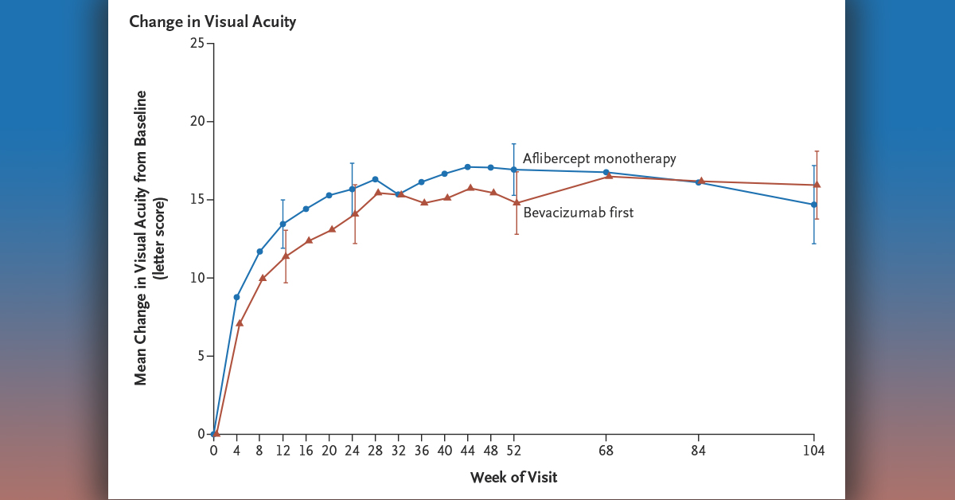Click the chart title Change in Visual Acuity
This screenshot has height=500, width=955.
[x=212, y=21]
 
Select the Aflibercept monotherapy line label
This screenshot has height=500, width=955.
[x=599, y=158]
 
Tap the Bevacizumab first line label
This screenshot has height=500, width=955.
[x=579, y=213]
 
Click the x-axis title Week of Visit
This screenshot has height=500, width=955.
[x=513, y=478]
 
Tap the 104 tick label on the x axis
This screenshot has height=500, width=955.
[x=813, y=451]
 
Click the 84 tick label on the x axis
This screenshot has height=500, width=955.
[x=699, y=451]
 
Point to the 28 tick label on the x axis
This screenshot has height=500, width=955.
[x=375, y=451]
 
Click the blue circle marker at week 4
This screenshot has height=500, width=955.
[x=236, y=297]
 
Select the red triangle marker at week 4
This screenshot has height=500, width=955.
[x=240, y=322]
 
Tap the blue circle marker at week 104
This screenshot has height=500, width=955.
[x=813, y=205]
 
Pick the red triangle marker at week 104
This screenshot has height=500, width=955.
[x=817, y=185]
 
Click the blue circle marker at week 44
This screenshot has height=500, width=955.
[x=467, y=166]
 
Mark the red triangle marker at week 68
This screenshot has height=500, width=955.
[x=610, y=176]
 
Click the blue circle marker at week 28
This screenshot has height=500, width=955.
[x=375, y=179]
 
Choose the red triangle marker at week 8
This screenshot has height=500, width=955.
[x=263, y=278]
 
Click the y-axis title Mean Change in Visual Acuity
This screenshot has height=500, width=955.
[x=141, y=237]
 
